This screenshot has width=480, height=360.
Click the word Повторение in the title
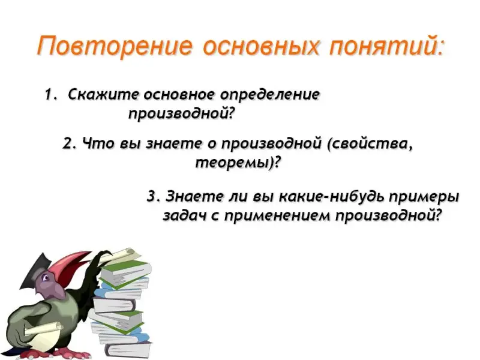coord(115,46)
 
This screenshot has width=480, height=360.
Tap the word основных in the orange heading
coord(260,47)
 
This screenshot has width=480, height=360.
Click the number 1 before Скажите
coord(48,95)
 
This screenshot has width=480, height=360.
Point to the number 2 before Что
coord(67,143)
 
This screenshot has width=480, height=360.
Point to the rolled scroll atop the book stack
coord(121,256)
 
